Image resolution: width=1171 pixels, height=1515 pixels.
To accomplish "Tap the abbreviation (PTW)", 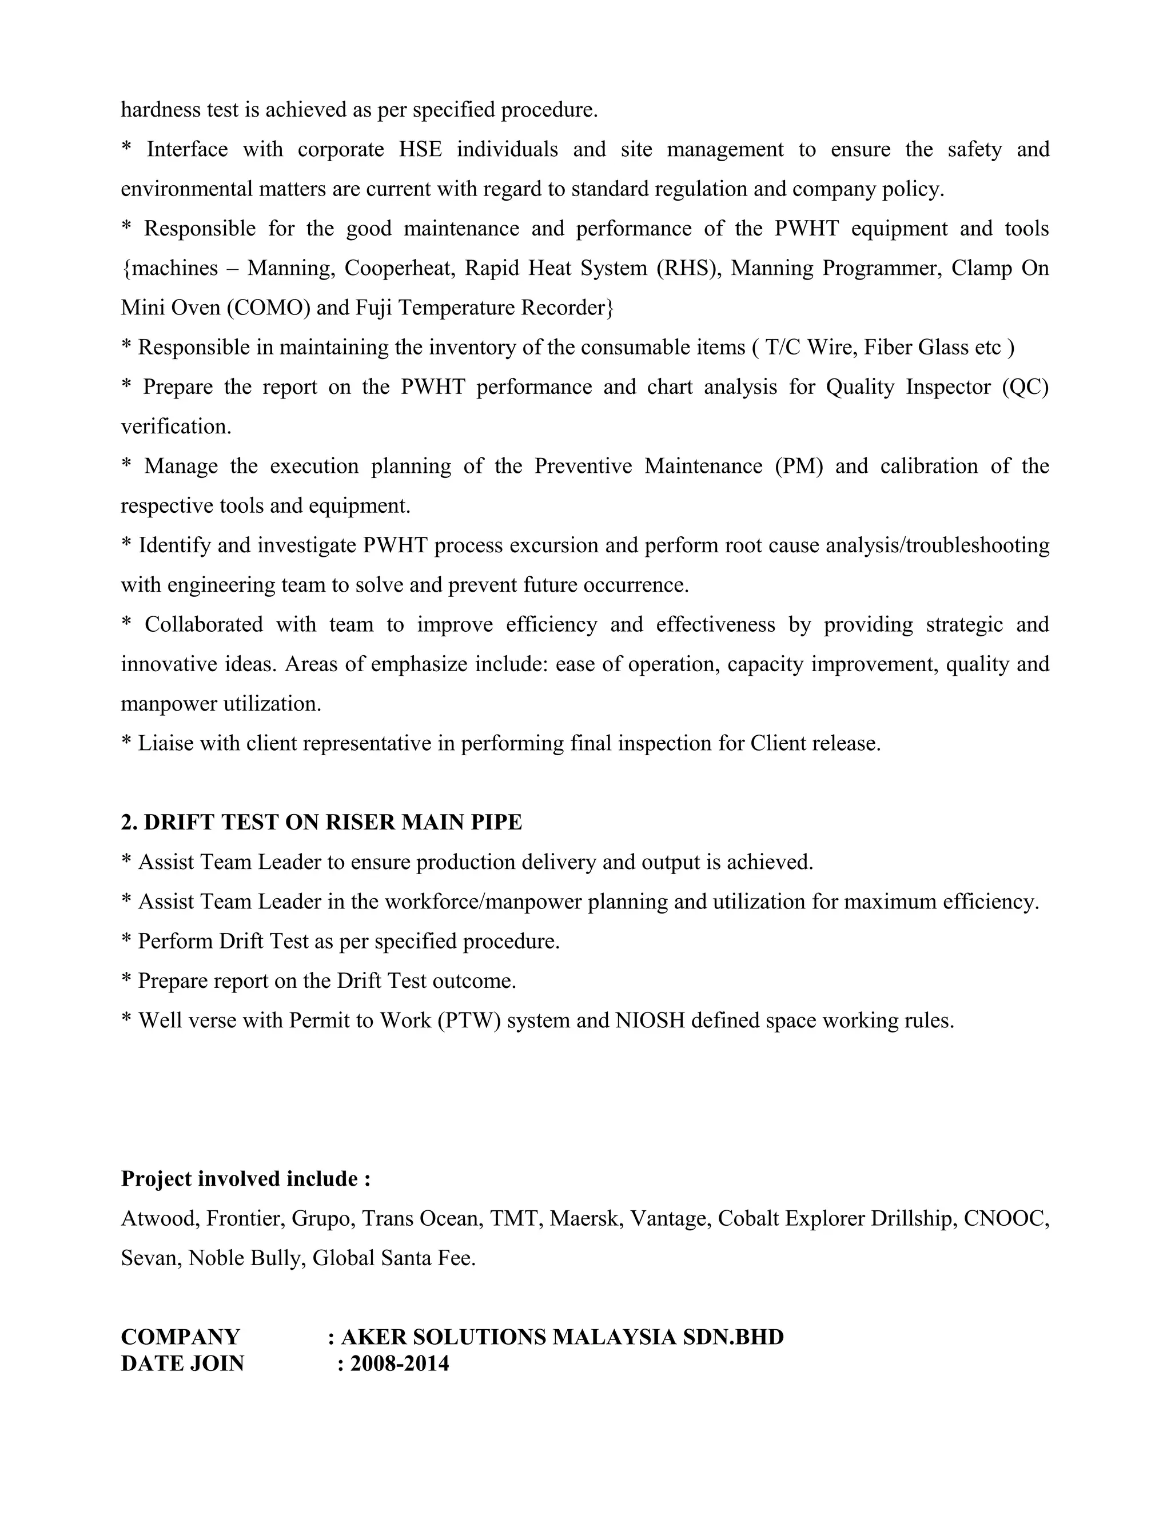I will (x=469, y=1020).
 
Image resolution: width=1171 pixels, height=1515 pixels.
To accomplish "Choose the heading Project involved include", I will (x=245, y=1179).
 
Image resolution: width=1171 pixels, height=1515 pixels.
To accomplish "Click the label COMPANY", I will (x=180, y=1337).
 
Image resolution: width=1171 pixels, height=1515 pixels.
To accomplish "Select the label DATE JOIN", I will (x=182, y=1363).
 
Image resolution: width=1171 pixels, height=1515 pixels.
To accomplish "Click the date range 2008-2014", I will (x=400, y=1363).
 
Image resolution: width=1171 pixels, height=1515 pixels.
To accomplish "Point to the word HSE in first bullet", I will (x=420, y=150).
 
